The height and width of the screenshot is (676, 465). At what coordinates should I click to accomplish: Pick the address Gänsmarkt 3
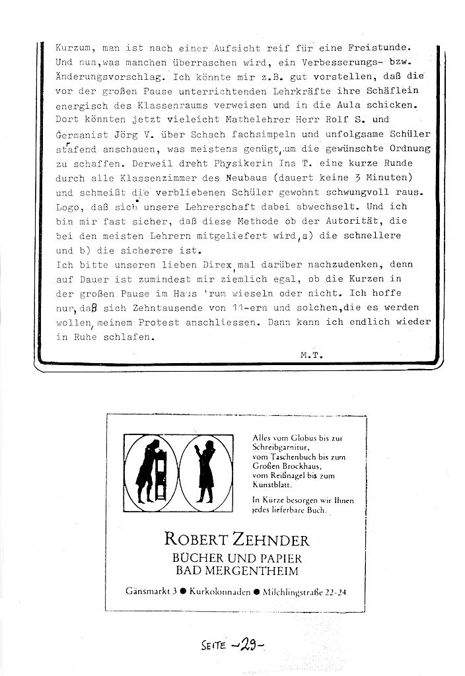149,592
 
